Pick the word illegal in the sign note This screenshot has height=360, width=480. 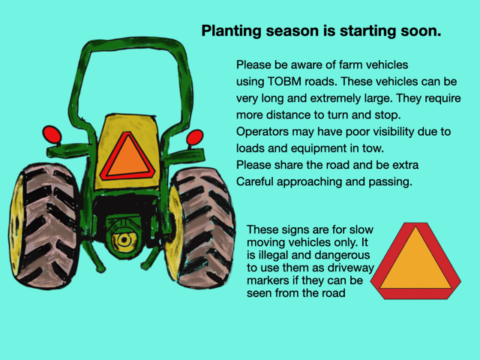point(277,255)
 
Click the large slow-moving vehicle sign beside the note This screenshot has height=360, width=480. point(415,261)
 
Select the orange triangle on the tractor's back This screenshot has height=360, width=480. point(128,157)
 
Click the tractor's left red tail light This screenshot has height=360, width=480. point(52,134)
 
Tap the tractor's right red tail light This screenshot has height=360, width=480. point(195,137)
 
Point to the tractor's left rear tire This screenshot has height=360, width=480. point(45,226)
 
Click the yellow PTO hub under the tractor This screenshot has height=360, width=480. point(124,241)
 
